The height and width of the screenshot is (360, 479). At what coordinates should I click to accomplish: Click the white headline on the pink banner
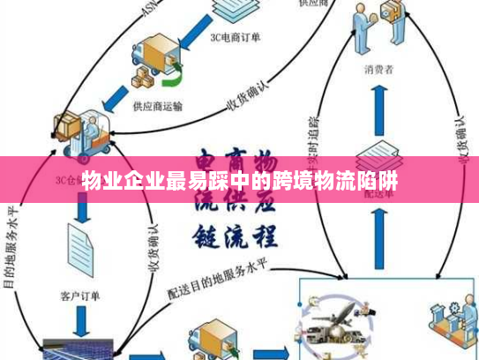[239, 184]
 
